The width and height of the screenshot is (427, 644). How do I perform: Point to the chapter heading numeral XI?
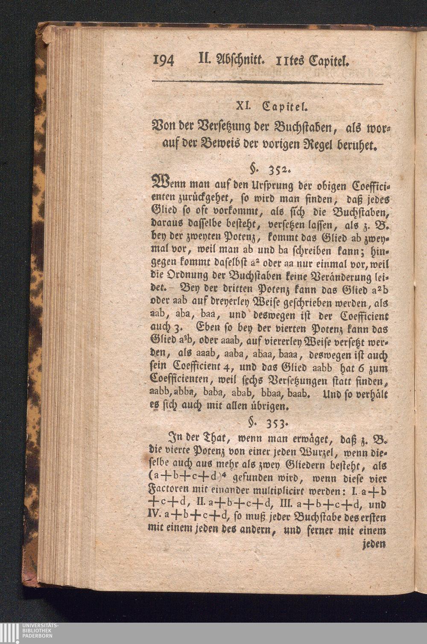tap(243, 105)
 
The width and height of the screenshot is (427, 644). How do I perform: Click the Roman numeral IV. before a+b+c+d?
tap(154, 518)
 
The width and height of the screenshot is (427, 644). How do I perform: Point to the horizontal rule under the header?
tap(267, 82)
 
